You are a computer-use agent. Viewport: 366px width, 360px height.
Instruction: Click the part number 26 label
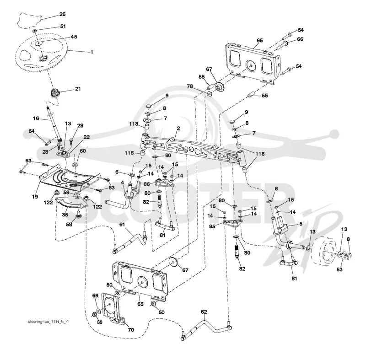[x=62, y=14]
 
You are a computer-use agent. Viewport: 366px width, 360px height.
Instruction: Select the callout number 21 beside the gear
[x=78, y=89]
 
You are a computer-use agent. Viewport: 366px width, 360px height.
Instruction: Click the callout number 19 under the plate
[x=35, y=197]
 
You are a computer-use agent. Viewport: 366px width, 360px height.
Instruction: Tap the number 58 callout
[x=69, y=225]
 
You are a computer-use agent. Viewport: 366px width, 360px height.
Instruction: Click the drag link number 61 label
[x=122, y=225]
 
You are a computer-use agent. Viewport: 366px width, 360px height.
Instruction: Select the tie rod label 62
[x=204, y=312]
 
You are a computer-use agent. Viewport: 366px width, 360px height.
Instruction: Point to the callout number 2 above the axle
[x=178, y=129]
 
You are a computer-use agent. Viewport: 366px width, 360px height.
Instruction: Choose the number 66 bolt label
[x=300, y=39]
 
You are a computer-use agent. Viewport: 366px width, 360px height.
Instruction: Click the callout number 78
[x=190, y=86]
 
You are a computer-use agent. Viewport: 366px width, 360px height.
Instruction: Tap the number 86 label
[x=146, y=184]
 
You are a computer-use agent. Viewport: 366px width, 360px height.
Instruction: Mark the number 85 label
[x=212, y=226]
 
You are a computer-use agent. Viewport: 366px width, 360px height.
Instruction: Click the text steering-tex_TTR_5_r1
[x=48, y=322]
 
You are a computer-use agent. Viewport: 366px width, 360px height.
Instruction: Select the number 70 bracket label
[x=131, y=330]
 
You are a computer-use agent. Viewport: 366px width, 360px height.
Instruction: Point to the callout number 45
[x=74, y=37]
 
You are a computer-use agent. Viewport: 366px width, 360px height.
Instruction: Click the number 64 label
[x=31, y=131]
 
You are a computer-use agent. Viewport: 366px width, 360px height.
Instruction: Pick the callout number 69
[x=95, y=296]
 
